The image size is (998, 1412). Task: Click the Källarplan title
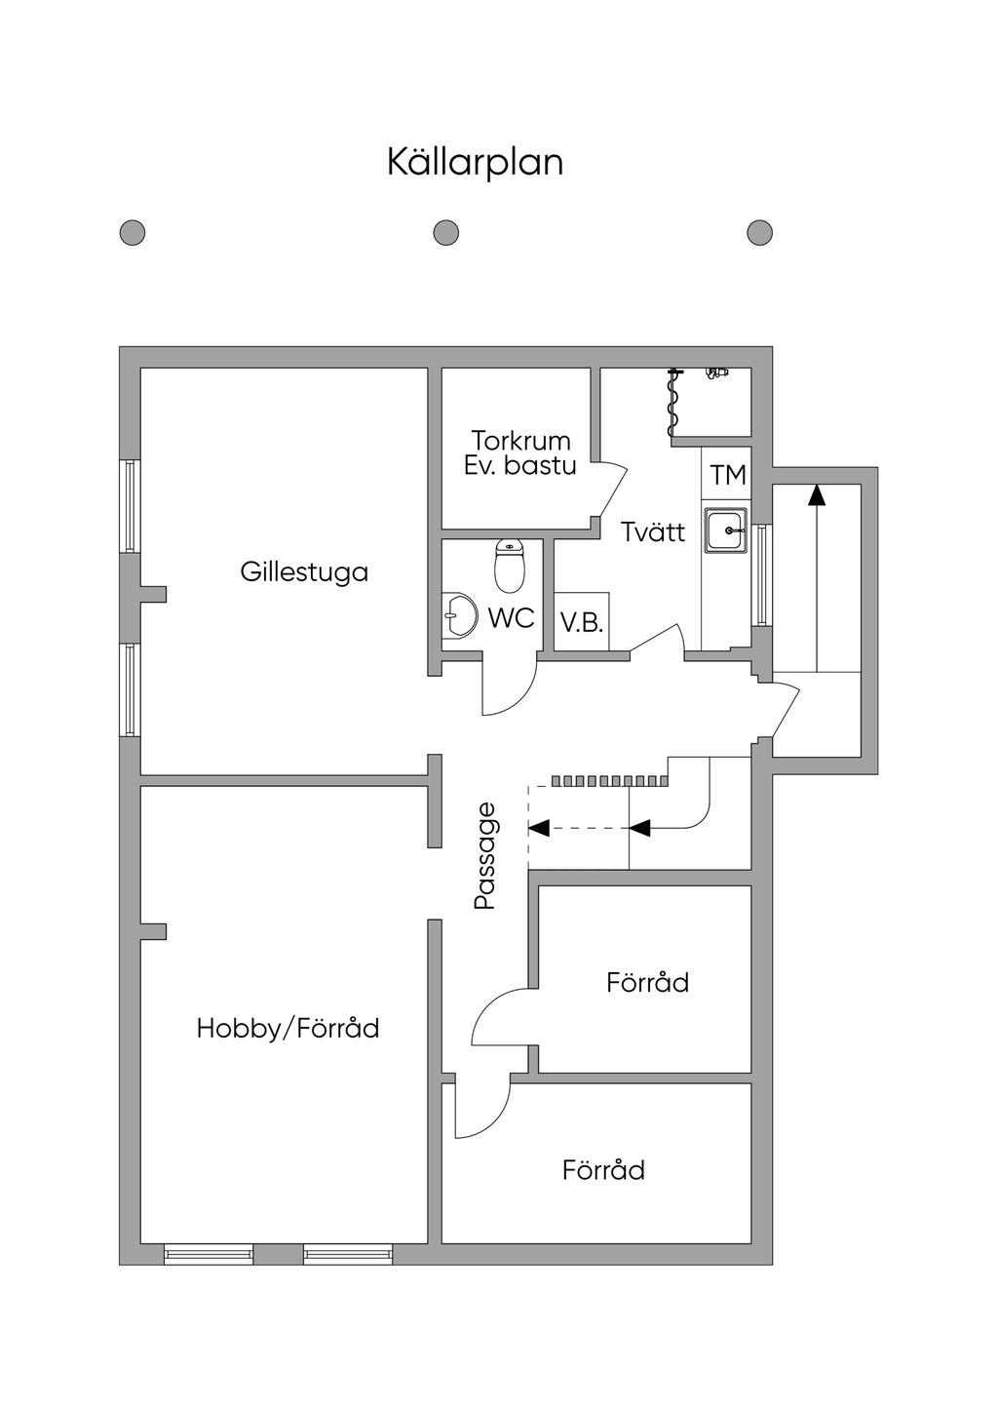click(475, 163)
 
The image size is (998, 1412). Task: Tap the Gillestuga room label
click(304, 572)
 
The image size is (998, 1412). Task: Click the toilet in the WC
click(510, 565)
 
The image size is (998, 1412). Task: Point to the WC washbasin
click(459, 614)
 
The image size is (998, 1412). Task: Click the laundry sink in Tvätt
click(726, 530)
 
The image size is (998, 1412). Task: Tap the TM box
click(727, 474)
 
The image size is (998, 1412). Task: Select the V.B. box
click(582, 621)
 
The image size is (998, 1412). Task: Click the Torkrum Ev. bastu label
click(520, 452)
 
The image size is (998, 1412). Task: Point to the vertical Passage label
click(485, 855)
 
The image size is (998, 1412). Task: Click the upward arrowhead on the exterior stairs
click(817, 494)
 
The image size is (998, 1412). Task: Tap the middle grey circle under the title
click(446, 233)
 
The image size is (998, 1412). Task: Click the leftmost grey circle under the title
click(133, 233)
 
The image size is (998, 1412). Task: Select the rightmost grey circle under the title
click(760, 233)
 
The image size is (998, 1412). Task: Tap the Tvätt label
click(653, 532)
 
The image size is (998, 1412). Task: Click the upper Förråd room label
click(648, 982)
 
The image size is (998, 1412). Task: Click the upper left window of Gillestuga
click(131, 507)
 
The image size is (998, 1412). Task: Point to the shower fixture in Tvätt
click(674, 402)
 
